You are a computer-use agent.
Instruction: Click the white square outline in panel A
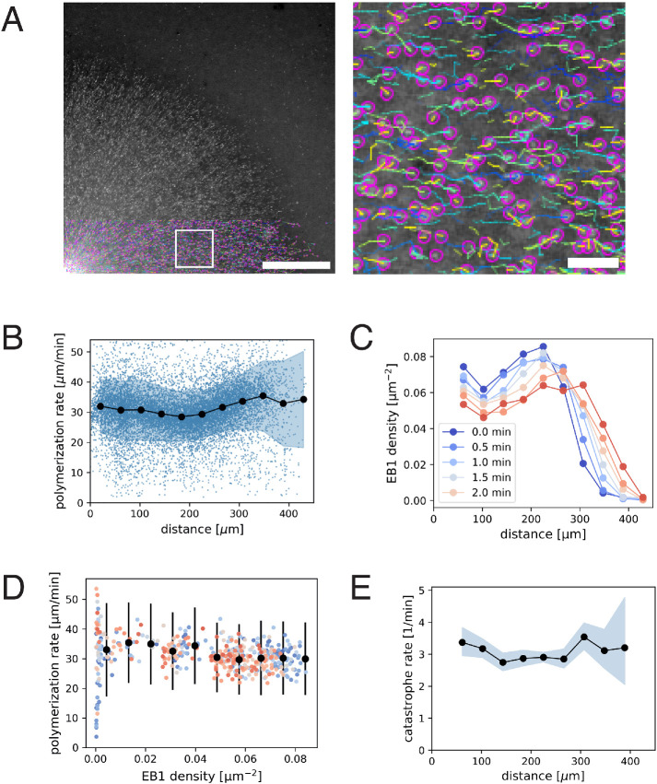(194, 249)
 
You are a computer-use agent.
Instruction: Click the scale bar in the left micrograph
(296, 265)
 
